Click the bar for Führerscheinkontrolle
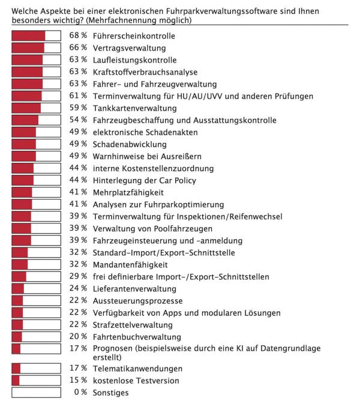point(36,36)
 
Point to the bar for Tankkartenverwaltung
point(36,108)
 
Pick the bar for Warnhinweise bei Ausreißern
point(36,156)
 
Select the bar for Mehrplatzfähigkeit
point(36,192)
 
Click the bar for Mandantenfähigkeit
point(36,265)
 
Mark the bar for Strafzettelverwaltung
point(36,325)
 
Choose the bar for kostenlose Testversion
point(36,381)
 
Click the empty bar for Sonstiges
point(36,393)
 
